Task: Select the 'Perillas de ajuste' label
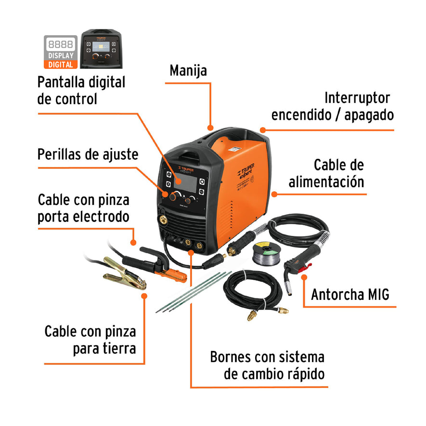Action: click(x=88, y=155)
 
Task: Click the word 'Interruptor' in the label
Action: click(x=357, y=98)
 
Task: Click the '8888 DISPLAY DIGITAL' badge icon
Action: click(x=61, y=52)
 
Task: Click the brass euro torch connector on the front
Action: click(x=164, y=220)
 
